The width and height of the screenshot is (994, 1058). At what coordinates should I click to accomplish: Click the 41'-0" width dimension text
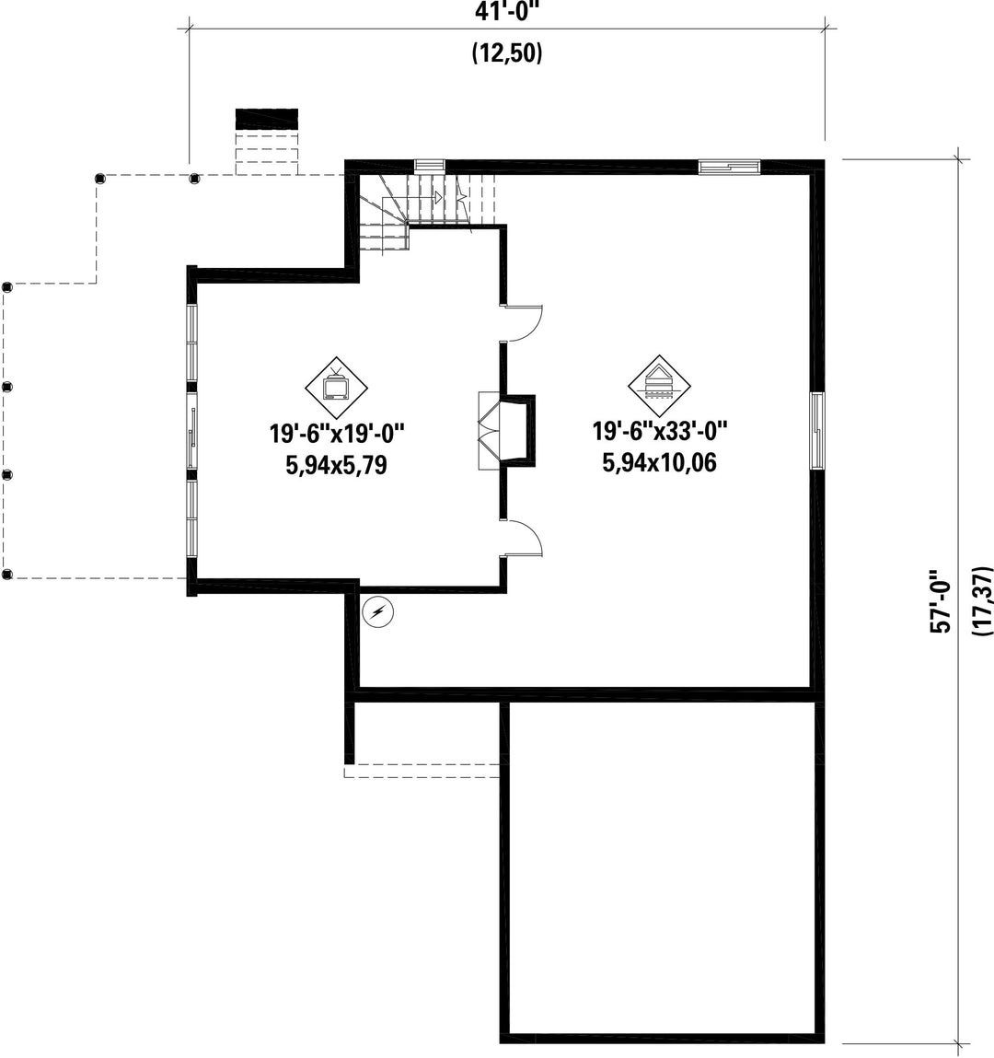point(507,11)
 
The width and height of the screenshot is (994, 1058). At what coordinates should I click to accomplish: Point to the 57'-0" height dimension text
point(941,601)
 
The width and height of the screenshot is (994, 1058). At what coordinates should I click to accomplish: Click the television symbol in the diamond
point(336,387)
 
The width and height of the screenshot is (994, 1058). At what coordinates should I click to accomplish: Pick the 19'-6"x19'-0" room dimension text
point(337,433)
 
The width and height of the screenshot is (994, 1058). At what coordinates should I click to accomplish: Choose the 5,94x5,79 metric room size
point(337,466)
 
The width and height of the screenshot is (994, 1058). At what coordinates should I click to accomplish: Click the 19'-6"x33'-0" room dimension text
point(660,431)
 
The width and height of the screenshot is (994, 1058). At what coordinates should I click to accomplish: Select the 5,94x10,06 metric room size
point(659,463)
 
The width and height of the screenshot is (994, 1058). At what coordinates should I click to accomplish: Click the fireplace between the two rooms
point(507,431)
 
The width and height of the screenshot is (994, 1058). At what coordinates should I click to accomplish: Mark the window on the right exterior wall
point(816,431)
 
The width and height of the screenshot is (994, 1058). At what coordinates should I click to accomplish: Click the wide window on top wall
point(729,167)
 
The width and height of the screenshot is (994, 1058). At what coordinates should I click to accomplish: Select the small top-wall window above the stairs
point(430,166)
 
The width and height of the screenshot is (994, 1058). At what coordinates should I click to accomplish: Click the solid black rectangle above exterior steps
point(266,119)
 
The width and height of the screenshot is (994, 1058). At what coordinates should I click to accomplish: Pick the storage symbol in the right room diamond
point(659,385)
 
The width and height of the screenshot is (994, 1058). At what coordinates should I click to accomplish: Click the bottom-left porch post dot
point(7,575)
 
